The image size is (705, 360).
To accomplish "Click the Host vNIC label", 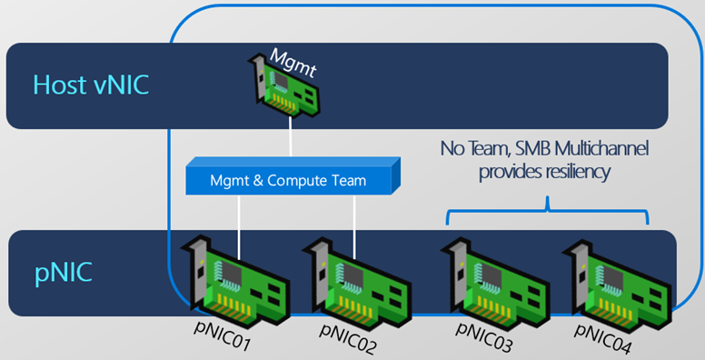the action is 91,85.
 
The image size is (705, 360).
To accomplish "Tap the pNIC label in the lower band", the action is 64,272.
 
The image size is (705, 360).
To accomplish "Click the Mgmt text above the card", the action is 293,63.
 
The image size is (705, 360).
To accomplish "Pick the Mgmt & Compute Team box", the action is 293,176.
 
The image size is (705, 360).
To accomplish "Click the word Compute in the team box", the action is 297,181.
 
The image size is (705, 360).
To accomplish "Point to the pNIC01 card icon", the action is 234,280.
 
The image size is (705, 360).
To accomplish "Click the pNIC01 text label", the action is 222,335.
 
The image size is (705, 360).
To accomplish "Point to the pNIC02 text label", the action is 348,338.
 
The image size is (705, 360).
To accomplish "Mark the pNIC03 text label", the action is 484,337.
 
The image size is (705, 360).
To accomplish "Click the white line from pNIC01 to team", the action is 239,227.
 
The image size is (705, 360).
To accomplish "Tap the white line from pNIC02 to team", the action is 354,227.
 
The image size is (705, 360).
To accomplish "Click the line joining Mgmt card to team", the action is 291,137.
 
